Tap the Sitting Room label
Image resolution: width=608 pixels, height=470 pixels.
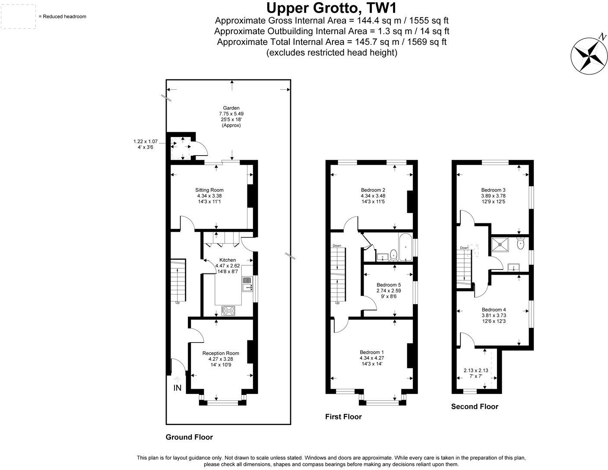[x=209, y=190]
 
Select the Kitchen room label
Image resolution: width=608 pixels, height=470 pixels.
[x=228, y=260]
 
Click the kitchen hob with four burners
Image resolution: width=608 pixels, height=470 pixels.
[x=228, y=311]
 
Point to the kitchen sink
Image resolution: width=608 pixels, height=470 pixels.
[x=247, y=284]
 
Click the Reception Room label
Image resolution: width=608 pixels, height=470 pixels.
[x=221, y=353]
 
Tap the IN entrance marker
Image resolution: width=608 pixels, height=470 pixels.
[x=177, y=387]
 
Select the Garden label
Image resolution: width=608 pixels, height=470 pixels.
[x=231, y=108]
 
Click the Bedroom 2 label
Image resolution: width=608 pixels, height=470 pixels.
[x=373, y=190]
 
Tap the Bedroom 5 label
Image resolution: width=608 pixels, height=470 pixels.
[x=389, y=285]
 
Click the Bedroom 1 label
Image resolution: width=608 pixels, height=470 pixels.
[x=371, y=352]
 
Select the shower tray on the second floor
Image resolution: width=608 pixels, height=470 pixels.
[x=500, y=245]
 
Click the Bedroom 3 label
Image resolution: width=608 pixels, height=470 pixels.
[x=493, y=190]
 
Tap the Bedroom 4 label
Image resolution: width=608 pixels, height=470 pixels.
[x=494, y=310]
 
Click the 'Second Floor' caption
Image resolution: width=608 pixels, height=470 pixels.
[x=475, y=406]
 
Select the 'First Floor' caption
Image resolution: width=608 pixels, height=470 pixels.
[x=343, y=416]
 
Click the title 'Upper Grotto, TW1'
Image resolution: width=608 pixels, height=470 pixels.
[x=332, y=8]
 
